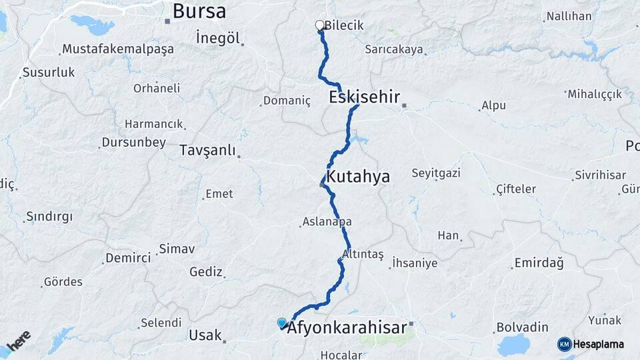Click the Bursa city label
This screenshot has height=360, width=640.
coord(199,11)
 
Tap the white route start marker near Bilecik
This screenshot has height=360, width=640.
coord(319,25)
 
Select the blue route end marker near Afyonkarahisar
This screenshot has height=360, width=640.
coord(282,323)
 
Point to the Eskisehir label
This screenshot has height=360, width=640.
coord(364,97)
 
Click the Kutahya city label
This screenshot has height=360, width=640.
coord(357,177)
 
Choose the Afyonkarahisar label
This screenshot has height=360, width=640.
coord(347,328)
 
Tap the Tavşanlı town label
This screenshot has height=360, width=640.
coord(207,151)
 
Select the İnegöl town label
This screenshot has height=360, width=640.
coord(217,38)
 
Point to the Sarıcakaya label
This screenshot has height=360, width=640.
coord(393,49)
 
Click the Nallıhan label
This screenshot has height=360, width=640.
coord(568,16)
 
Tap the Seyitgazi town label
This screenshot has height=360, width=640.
coord(436,173)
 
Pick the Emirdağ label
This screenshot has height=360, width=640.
coord(539,263)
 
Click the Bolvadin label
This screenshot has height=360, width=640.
coord(522,327)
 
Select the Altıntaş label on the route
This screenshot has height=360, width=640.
coord(363,254)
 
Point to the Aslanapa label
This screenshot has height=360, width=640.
coord(327,221)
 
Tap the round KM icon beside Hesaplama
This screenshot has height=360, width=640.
coord(565,344)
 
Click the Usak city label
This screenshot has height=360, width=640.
coord(205,335)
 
